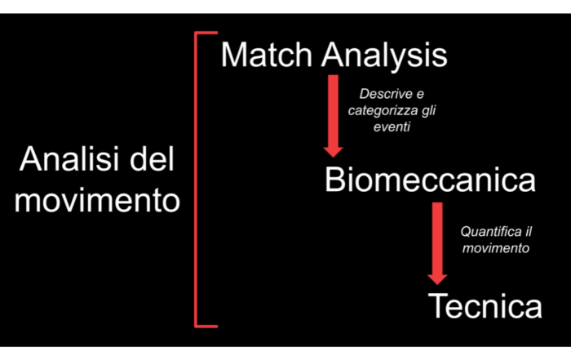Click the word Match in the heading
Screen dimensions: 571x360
coord(267,55)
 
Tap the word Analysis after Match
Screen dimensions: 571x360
coord(384,56)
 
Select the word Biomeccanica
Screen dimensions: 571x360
coord(430,180)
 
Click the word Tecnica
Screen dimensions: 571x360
coord(485,305)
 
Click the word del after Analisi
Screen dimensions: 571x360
coord(153,158)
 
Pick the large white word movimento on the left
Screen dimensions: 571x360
coord(97,201)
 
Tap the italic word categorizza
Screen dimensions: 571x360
coord(383,111)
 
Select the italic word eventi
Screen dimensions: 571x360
coord(392,127)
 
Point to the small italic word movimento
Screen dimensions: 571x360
coord(496,248)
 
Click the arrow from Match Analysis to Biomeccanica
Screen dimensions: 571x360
coord(333,116)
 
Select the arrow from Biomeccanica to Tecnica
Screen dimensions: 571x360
coord(437,243)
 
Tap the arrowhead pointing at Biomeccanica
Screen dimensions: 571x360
coord(333,153)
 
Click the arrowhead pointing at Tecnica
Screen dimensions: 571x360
coord(437,280)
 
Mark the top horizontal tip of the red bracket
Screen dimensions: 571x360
coord(218,33)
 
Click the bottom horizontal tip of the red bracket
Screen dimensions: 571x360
coord(218,326)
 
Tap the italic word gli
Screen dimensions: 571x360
coord(429,111)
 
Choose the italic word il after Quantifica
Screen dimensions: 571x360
coord(529,231)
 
